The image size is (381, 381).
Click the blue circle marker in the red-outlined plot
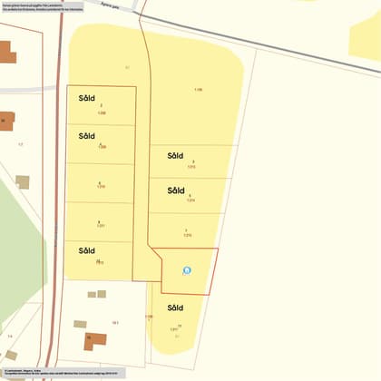[188, 269]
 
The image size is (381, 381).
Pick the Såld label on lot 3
[176, 155]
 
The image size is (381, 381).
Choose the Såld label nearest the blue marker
[176, 308]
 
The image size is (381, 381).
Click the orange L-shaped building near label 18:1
[94, 340]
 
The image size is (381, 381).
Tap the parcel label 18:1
[115, 322]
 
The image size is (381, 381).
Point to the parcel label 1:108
[198, 90]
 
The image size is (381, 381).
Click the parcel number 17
[20, 144]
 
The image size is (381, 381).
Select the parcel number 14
[10, 336]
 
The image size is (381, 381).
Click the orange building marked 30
[6, 121]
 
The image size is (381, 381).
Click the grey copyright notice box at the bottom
[63, 372]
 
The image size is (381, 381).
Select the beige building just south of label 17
[22, 181]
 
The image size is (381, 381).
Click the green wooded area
[14, 254]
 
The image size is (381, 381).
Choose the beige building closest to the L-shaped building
[80, 324]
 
